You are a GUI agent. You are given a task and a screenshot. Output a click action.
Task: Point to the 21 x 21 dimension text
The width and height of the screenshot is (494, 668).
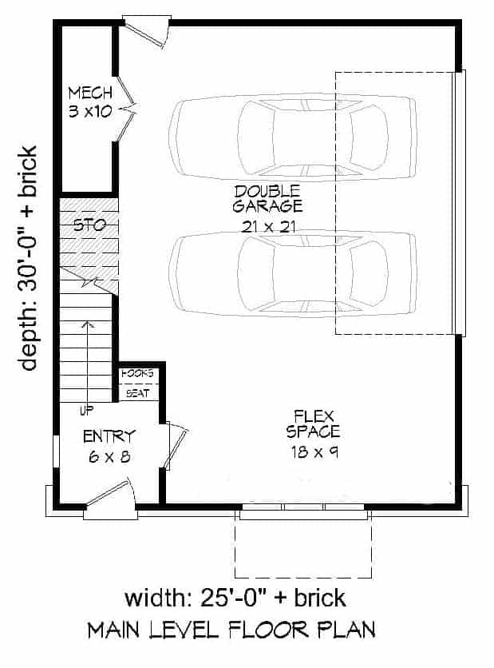tap(268, 226)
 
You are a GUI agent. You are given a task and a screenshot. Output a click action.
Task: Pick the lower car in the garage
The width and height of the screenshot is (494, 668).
tap(292, 273)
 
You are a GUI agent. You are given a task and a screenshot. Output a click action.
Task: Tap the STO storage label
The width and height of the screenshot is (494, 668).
tap(89, 225)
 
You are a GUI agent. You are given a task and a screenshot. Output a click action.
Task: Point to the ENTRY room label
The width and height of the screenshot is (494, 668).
tap(109, 436)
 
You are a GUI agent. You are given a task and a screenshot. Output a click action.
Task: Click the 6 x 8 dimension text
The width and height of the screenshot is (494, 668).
tap(109, 457)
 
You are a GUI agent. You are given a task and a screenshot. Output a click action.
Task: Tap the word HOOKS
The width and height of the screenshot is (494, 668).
tap(137, 374)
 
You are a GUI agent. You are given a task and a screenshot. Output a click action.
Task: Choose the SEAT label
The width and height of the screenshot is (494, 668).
tap(137, 392)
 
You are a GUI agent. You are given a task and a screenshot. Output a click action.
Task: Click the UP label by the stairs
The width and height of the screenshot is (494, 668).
tap(86, 411)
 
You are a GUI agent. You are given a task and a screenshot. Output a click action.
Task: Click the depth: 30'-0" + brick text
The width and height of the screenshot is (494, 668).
tap(29, 257)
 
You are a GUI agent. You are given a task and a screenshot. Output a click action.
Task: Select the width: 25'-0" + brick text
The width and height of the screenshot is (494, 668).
tap(235, 598)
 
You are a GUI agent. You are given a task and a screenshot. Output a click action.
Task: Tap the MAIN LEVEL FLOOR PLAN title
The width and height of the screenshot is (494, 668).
tap(231, 630)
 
